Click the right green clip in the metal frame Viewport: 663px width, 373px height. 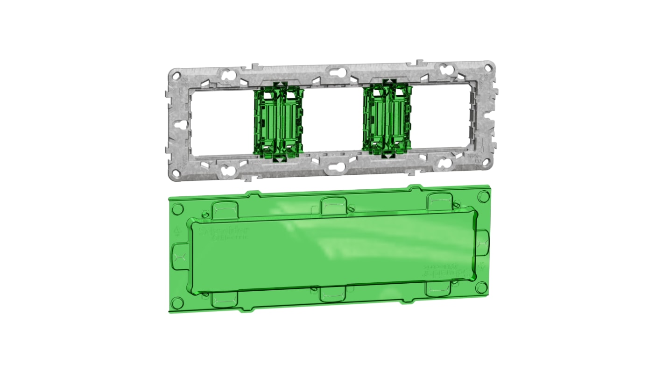tap(387, 120)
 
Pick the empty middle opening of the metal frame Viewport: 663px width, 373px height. tap(333, 121)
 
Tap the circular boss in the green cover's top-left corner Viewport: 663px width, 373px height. tap(177, 208)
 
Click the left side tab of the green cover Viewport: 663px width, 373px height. tap(179, 257)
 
